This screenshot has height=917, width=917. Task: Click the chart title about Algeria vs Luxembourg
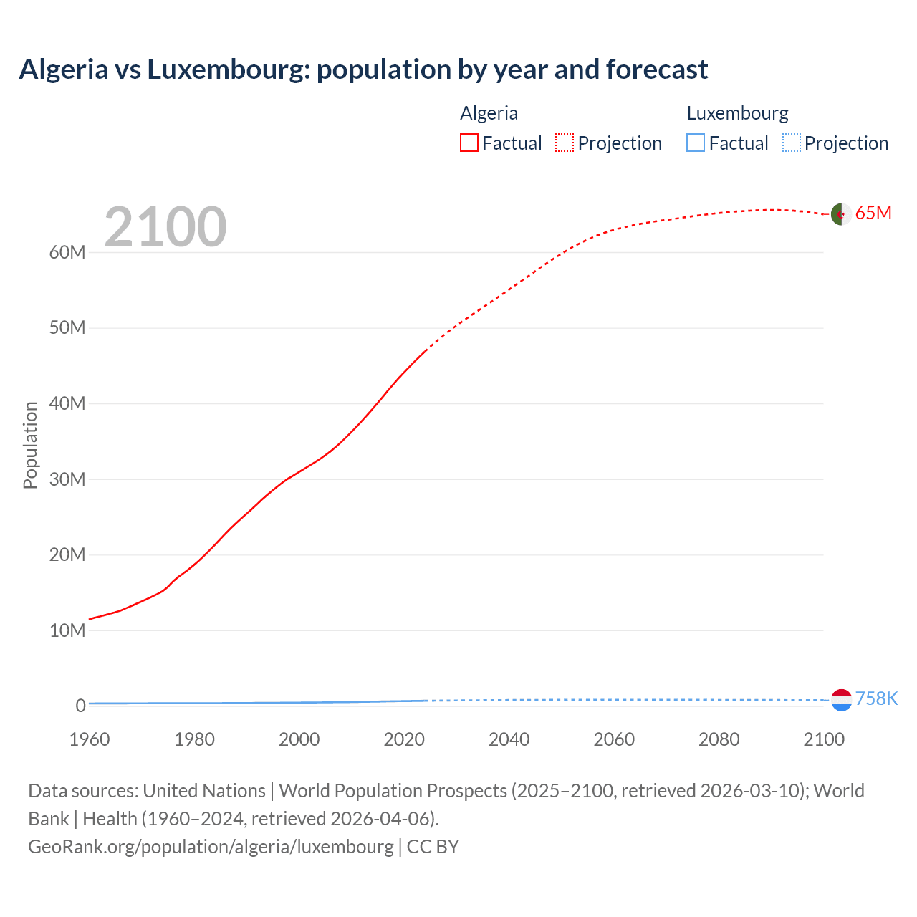(363, 69)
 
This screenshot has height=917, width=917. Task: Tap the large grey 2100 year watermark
(165, 227)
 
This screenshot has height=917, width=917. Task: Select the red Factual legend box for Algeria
(469, 143)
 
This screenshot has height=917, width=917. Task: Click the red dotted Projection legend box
(565, 143)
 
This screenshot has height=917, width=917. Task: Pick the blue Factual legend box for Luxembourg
(696, 143)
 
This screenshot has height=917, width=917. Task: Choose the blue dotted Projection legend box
(791, 143)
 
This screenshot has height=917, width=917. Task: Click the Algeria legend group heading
(489, 113)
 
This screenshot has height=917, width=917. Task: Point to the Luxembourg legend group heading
(737, 113)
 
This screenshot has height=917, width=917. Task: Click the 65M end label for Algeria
(873, 213)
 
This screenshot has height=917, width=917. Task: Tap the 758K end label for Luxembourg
(876, 698)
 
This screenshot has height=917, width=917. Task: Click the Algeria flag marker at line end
(841, 214)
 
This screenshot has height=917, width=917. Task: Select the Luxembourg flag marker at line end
(841, 700)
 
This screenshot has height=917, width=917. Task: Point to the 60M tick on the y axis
(67, 252)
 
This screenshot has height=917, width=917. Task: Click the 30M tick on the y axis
(67, 479)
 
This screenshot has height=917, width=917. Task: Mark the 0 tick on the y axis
(80, 706)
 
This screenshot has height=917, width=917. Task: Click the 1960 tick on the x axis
(90, 739)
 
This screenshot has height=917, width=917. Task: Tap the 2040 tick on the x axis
(509, 739)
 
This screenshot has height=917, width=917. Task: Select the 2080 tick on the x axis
(719, 739)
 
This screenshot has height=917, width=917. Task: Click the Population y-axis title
(30, 445)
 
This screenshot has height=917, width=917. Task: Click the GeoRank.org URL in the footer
(211, 847)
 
